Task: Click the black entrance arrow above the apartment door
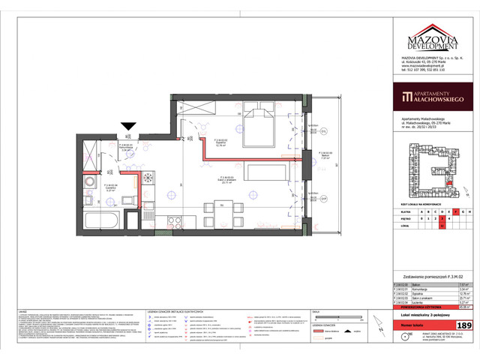pos(130,127)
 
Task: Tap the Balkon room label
pos(324,157)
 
